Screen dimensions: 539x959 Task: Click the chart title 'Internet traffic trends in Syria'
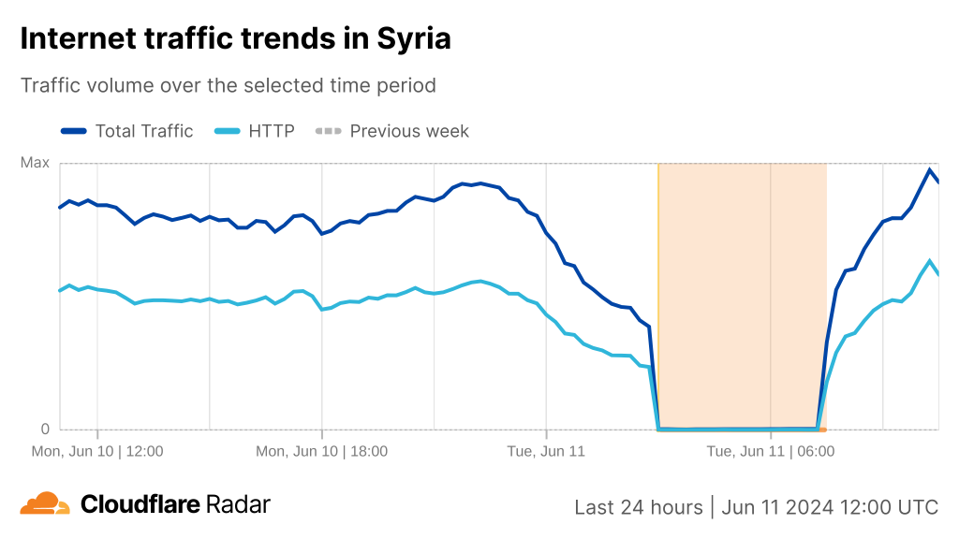(x=235, y=38)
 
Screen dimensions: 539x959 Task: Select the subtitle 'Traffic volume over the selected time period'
(x=229, y=85)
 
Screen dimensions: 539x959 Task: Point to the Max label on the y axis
(x=35, y=163)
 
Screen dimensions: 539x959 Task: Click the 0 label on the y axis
(x=44, y=430)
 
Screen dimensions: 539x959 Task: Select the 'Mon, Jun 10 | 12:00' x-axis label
(x=97, y=451)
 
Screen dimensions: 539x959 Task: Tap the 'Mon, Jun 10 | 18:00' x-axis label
(x=322, y=451)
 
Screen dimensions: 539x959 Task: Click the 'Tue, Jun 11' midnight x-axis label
(x=546, y=451)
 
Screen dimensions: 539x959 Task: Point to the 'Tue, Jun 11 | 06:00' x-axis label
(x=770, y=451)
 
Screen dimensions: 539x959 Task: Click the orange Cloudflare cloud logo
(x=45, y=504)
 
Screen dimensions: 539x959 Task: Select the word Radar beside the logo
(x=238, y=504)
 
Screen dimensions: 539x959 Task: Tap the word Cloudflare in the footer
(x=140, y=504)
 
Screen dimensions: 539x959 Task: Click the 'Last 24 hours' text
(x=638, y=507)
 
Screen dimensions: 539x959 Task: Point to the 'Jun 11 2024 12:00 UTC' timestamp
(x=829, y=507)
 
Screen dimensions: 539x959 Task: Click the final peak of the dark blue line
(x=929, y=169)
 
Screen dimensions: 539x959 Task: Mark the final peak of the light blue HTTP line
(x=929, y=261)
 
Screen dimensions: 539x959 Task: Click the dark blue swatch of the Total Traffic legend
(x=74, y=131)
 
